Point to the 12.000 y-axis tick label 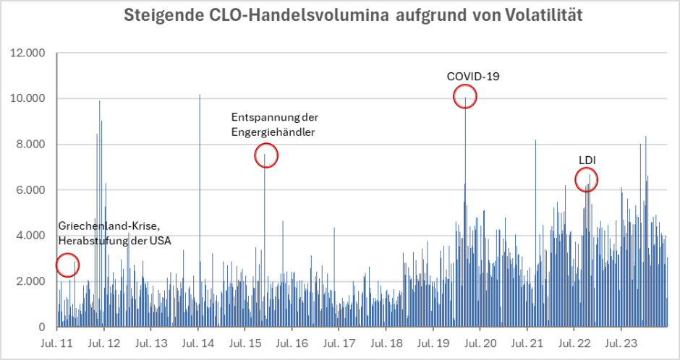coord(26,53)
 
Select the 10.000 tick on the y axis coord(26,98)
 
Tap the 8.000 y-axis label coord(29,145)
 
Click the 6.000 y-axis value coord(29,190)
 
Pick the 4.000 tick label coord(29,236)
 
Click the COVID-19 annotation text coord(473,75)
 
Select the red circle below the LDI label coord(587,179)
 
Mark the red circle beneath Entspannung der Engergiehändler coord(266,155)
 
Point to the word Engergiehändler coord(273,132)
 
